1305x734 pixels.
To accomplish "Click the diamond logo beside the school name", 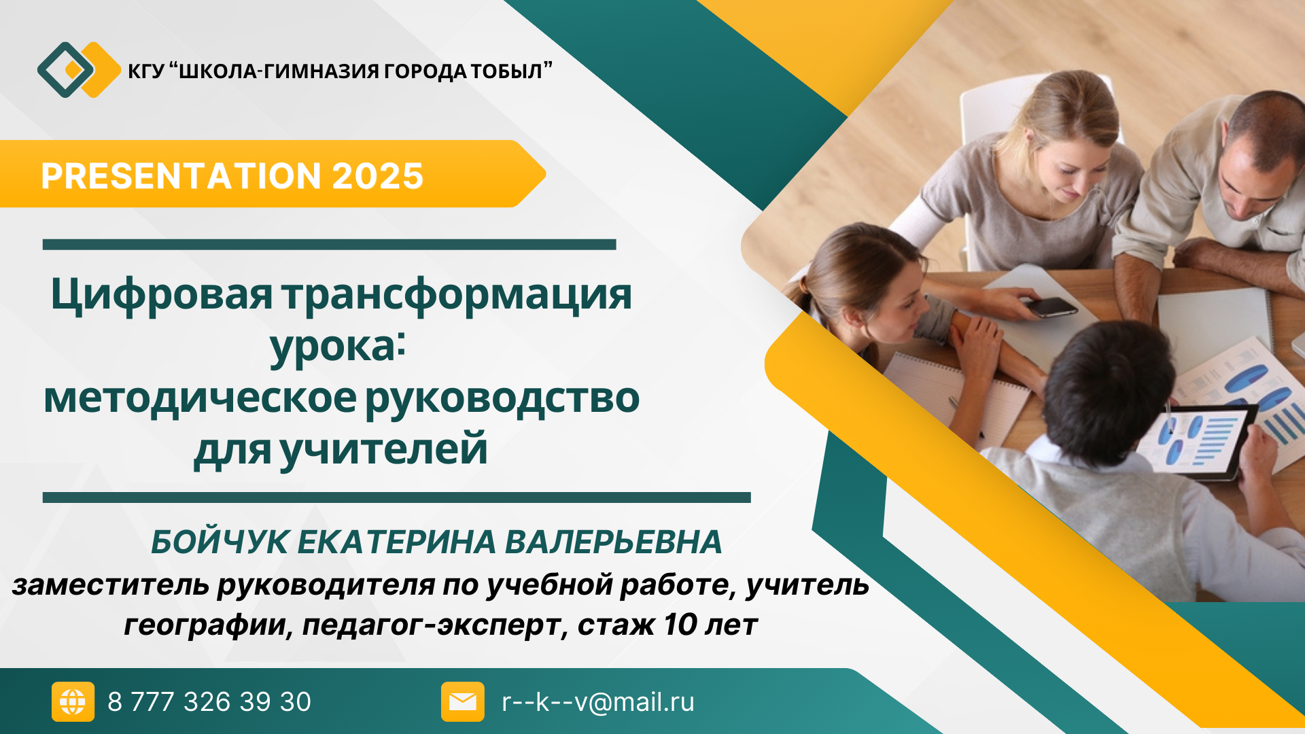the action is (x=79, y=69).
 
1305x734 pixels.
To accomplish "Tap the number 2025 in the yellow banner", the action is (x=378, y=176).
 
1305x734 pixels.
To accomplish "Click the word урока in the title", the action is (x=333, y=347).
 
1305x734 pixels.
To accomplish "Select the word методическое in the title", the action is (x=200, y=398).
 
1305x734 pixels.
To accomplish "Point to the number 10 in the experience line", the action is (x=682, y=625).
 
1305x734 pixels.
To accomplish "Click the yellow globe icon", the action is (x=73, y=701).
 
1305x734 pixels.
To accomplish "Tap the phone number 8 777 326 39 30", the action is (x=209, y=702).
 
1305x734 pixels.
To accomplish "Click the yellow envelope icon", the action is (x=463, y=701).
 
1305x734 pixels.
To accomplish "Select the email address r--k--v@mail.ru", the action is (x=598, y=702).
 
